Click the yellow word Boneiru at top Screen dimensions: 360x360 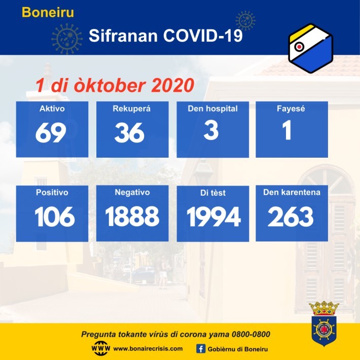(48, 12)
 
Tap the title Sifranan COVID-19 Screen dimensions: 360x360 (165, 35)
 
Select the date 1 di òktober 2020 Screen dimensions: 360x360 (115, 85)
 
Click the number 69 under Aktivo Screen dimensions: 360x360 (51, 132)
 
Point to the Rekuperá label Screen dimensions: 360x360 (131, 109)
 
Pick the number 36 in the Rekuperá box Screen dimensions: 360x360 (129, 132)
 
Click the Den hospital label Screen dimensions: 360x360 (212, 109)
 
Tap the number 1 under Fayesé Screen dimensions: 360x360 (287, 130)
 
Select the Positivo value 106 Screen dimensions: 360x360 (55, 217)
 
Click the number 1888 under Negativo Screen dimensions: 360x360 (132, 216)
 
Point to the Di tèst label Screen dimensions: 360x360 (213, 193)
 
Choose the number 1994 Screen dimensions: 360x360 (214, 217)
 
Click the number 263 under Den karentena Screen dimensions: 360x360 (291, 217)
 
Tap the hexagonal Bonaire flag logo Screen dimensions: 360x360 (311, 48)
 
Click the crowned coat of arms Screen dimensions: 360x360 (324, 323)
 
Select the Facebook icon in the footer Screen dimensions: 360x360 (201, 349)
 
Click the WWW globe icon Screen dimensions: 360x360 (101, 348)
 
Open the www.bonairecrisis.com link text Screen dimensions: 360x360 (148, 348)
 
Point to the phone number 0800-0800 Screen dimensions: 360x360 (250, 334)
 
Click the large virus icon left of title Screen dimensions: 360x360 (67, 39)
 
